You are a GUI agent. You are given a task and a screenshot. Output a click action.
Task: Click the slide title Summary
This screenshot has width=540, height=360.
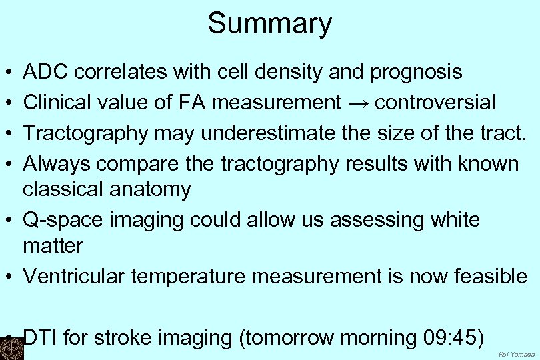[x=269, y=23]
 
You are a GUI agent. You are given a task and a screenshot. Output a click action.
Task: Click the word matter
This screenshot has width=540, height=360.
[x=53, y=245]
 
